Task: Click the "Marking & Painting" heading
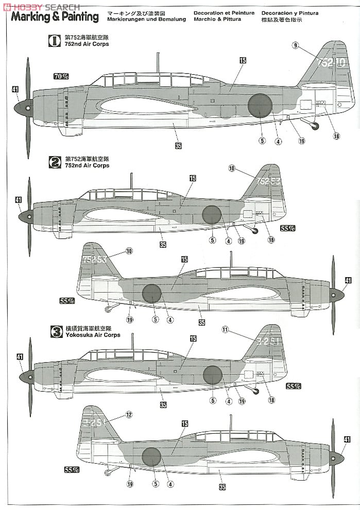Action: (x=55, y=17)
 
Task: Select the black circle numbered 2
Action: (x=55, y=163)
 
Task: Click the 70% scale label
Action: (x=61, y=76)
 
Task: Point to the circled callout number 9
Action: (x=295, y=46)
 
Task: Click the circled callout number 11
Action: (x=224, y=330)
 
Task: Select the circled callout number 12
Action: (x=128, y=414)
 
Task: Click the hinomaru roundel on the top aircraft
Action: (x=260, y=106)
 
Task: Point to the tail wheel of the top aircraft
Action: (x=315, y=126)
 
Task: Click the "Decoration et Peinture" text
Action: (x=224, y=12)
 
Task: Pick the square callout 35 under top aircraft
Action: (x=178, y=146)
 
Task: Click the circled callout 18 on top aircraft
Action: (x=336, y=136)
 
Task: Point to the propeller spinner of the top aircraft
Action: (x=23, y=108)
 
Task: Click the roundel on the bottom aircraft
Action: (x=151, y=457)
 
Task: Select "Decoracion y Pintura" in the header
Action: (x=289, y=12)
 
